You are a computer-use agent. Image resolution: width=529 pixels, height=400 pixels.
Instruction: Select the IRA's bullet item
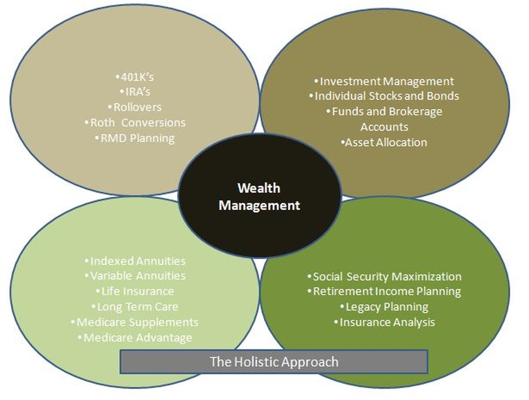click(x=134, y=91)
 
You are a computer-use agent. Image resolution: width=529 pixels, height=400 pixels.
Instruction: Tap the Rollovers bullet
click(x=134, y=106)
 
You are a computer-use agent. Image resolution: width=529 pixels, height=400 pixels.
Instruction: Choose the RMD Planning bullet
click(x=134, y=137)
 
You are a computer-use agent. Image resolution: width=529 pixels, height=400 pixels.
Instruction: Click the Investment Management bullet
click(x=384, y=82)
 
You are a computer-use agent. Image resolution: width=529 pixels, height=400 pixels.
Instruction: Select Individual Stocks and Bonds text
click(x=384, y=96)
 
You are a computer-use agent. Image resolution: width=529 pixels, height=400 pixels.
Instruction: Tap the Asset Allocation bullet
click(x=384, y=142)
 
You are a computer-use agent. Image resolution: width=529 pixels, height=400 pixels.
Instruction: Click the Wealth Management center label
click(x=259, y=196)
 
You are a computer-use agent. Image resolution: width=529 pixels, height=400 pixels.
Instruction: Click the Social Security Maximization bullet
click(x=384, y=276)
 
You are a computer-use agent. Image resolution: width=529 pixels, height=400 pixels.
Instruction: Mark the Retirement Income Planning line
click(x=384, y=291)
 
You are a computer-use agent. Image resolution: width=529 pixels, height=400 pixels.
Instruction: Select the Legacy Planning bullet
click(x=384, y=307)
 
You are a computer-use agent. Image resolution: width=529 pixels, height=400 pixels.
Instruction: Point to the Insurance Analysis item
click(x=384, y=322)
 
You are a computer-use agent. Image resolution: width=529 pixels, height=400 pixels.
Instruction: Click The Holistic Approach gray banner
click(x=274, y=361)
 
